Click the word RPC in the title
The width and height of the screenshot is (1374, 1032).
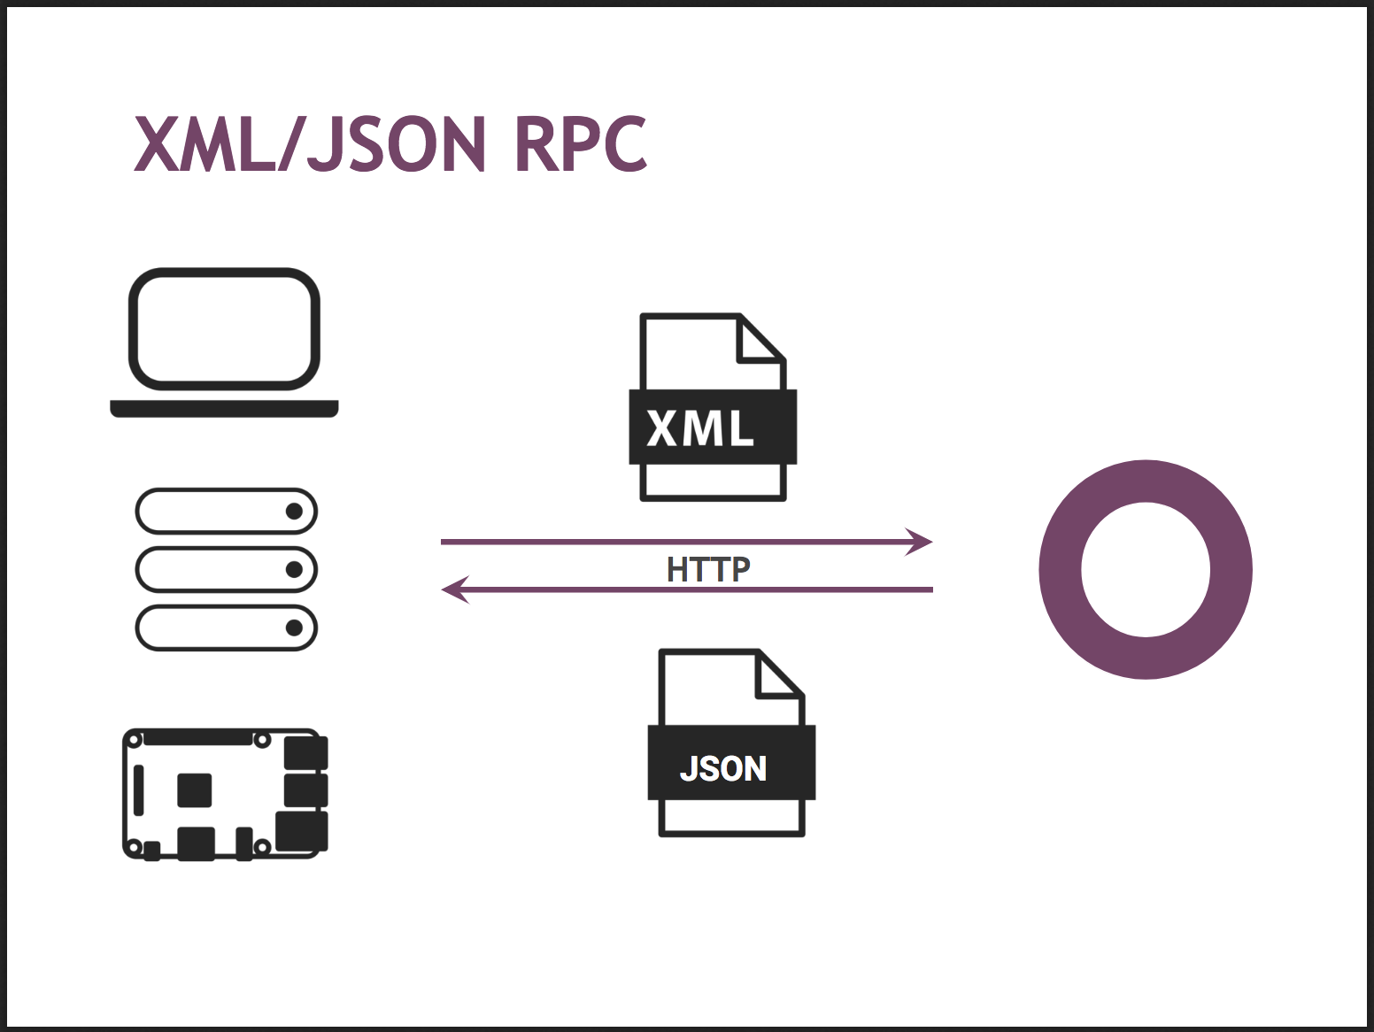coord(581,144)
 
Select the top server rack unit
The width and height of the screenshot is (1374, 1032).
coord(226,512)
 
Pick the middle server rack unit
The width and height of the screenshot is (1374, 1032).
coord(226,570)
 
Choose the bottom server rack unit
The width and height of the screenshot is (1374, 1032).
coord(226,628)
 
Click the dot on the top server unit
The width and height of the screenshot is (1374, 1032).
coord(294,512)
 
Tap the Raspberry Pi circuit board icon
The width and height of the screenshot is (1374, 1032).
coord(225,794)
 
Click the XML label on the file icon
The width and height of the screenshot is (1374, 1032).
coord(699,427)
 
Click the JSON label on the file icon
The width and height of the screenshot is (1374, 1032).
coord(722,767)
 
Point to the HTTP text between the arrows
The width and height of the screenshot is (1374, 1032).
coord(708,569)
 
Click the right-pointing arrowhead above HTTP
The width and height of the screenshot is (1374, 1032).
coord(919,542)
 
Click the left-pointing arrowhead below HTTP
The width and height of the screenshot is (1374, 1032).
coord(455,589)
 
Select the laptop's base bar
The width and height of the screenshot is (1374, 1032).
coord(224,408)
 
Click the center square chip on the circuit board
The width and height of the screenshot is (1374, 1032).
coord(195,790)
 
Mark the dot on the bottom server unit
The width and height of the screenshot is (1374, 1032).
coord(294,628)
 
